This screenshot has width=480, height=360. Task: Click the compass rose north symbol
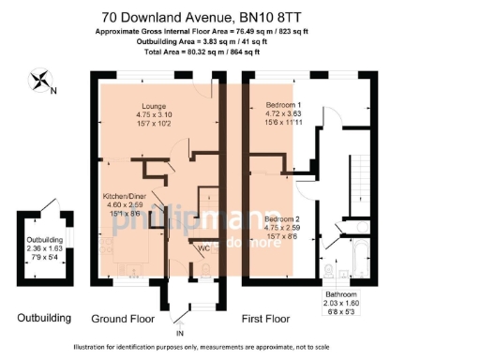tap(41, 83)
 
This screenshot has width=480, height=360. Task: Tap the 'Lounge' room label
tap(154, 106)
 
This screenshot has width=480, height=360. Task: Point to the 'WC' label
tap(202, 248)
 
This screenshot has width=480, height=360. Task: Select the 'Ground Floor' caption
tap(120, 319)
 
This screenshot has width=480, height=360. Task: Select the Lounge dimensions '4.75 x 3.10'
tap(154, 115)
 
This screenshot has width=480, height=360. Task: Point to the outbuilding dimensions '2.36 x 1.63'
tap(45, 249)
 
